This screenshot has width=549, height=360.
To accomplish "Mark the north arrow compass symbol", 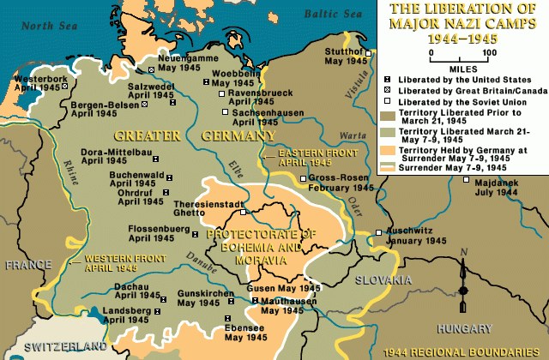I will tap(463, 283).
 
